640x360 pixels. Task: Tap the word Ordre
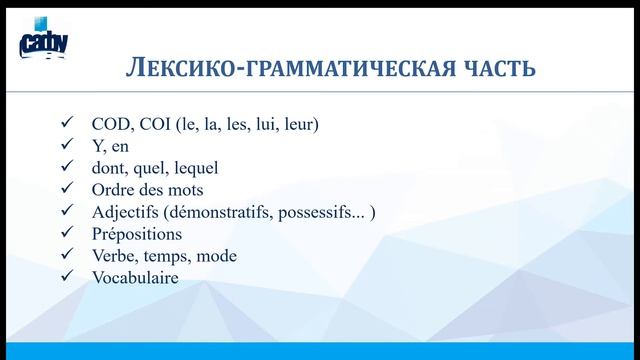pyautogui.click(x=114, y=190)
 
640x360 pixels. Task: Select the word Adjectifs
pyautogui.click(x=124, y=212)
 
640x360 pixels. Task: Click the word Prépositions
pyautogui.click(x=136, y=234)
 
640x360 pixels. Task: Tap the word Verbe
pyautogui.click(x=112, y=256)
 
